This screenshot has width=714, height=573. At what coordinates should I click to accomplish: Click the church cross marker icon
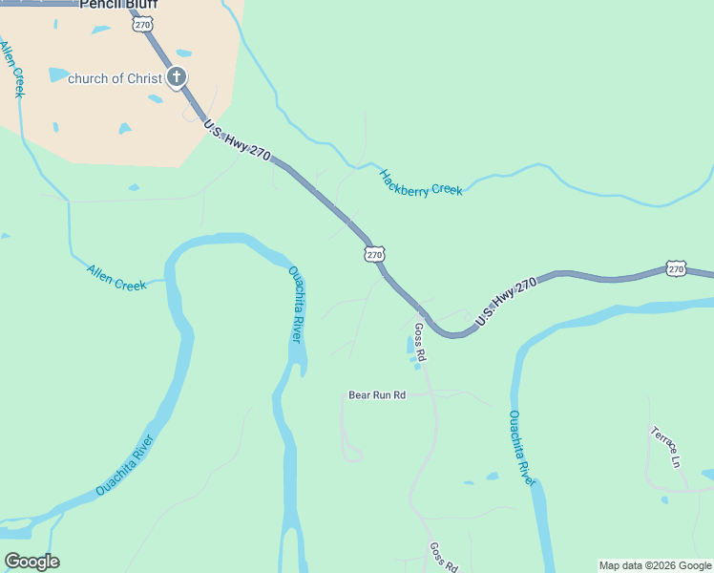click(x=176, y=77)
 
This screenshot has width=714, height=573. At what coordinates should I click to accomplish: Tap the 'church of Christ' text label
click(x=115, y=78)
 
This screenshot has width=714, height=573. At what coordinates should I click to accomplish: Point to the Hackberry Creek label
click(x=420, y=182)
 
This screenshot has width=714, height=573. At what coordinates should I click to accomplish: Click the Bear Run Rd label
click(x=377, y=394)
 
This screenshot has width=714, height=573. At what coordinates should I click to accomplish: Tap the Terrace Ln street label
click(x=665, y=446)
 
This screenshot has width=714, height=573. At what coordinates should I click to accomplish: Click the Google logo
click(x=31, y=562)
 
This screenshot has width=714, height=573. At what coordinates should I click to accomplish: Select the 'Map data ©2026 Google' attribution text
click(x=655, y=565)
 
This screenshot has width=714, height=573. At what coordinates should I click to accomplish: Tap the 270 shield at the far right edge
click(x=676, y=269)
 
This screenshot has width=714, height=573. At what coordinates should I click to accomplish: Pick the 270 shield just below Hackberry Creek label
click(x=374, y=254)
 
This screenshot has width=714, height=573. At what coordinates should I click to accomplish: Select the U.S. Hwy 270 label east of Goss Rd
click(x=507, y=302)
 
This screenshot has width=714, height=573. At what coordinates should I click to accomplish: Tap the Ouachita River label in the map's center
click(x=297, y=305)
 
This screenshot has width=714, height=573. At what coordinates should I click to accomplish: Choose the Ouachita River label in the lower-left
click(x=126, y=465)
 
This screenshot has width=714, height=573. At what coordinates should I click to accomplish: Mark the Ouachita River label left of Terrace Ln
click(x=521, y=448)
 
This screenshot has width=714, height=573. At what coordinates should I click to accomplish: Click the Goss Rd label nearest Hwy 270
click(x=420, y=341)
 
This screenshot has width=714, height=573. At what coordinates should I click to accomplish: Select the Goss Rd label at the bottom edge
click(x=444, y=557)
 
